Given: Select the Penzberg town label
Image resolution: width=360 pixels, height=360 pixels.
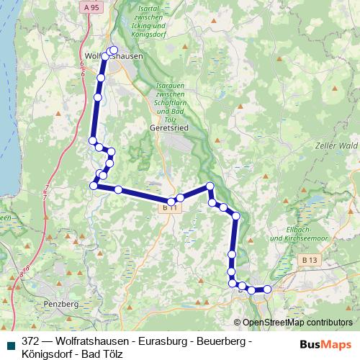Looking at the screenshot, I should click(x=61, y=305).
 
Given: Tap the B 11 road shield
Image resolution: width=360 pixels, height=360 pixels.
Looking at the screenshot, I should click(x=168, y=207).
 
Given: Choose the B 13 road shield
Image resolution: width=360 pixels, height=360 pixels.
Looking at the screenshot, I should click(x=309, y=258).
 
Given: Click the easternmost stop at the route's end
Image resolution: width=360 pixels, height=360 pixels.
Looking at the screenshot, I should click(x=267, y=289).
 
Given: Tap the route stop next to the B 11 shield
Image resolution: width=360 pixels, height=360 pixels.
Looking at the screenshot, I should click(x=171, y=201).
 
